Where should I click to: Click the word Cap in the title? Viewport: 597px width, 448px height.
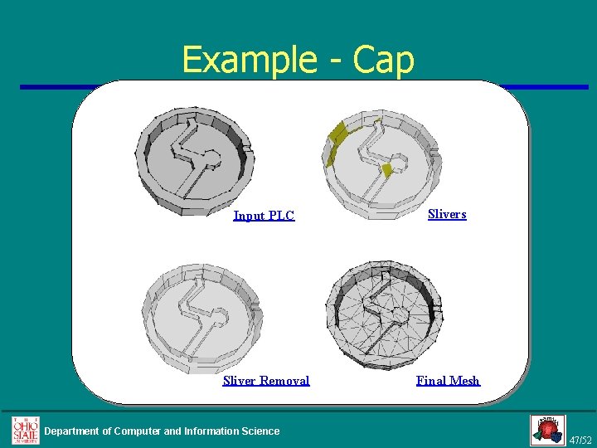(382, 60)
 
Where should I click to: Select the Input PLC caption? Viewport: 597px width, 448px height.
(264, 216)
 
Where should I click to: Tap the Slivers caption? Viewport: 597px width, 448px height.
(447, 214)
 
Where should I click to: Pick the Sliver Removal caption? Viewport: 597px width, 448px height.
(266, 381)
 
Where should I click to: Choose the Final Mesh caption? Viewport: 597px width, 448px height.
(448, 381)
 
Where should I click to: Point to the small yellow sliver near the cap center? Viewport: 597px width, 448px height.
(386, 169)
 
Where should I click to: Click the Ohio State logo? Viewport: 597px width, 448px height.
(25, 431)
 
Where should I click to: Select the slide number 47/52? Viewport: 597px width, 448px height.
(581, 439)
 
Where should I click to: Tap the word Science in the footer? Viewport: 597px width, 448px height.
(260, 431)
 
